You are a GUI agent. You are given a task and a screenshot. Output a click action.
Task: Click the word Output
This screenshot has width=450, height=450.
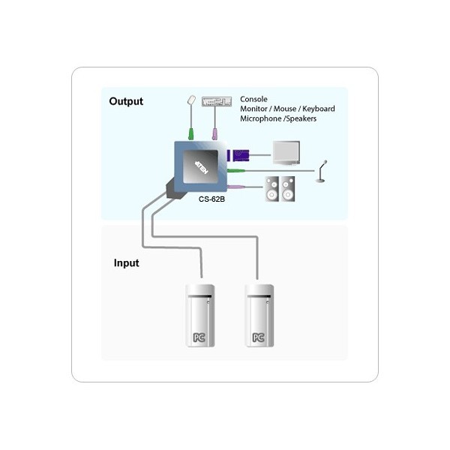coord(126,101)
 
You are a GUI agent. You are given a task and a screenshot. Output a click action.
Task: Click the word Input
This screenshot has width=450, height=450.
coord(126,263)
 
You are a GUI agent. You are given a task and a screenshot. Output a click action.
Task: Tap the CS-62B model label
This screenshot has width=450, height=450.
coord(211,199)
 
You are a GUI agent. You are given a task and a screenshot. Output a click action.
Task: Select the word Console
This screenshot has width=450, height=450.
coord(253,99)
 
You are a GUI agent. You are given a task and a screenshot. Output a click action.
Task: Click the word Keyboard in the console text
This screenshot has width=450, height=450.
coord(319,109)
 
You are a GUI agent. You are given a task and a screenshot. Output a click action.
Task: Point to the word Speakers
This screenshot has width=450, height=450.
coord(301,118)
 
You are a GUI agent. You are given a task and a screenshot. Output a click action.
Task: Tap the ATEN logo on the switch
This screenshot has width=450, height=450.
coord(202,166)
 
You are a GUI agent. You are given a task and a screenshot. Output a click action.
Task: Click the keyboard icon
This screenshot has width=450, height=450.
coord(217,101)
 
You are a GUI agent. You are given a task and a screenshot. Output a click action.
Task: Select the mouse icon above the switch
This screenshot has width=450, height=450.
coord(191,100)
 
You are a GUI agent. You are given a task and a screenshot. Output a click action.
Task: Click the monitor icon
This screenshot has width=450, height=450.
coord(286,153)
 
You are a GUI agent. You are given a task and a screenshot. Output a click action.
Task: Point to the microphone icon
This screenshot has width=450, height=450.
coord(322,171)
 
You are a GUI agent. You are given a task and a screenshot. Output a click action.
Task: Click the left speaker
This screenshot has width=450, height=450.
coord(271,189)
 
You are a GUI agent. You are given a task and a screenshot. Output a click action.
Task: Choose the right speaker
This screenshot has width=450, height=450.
coord(288,189)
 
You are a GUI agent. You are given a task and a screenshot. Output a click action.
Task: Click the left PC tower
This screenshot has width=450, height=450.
coord(200,316)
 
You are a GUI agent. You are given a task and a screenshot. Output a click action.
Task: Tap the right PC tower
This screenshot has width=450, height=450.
coord(259,316)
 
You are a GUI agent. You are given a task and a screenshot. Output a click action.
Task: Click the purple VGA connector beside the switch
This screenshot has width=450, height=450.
coord(238,155)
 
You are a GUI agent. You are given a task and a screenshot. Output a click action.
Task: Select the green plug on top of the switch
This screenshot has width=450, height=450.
coord(191,134)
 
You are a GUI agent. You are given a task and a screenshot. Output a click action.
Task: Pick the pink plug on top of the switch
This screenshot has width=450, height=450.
coord(214,134)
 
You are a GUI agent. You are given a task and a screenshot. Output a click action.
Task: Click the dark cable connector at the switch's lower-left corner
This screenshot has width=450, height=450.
coord(174,189)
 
